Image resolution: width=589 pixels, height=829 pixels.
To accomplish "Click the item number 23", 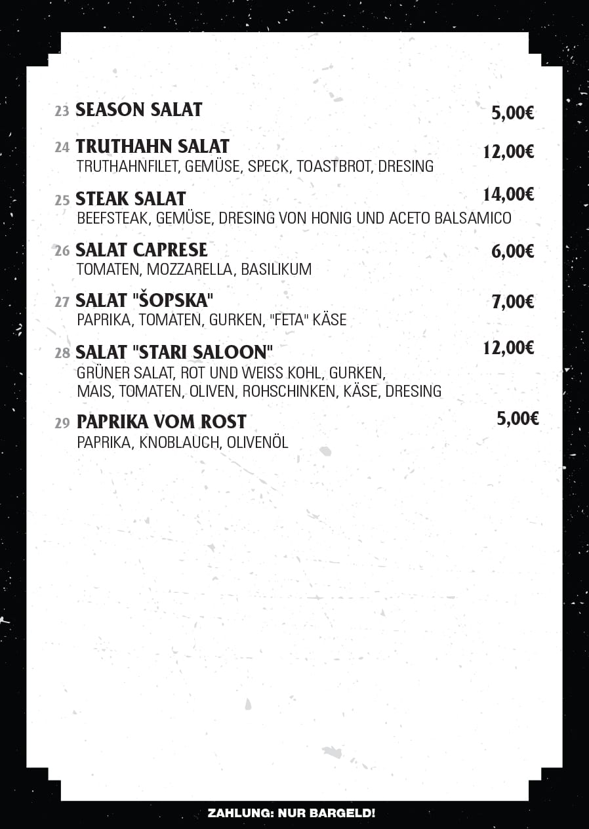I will coord(62,111).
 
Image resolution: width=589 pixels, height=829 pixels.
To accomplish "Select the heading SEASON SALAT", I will coord(139,110).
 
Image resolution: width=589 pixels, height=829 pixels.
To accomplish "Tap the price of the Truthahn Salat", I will coord(508,152).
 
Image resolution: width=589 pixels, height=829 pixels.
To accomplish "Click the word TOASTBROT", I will coord(334,167).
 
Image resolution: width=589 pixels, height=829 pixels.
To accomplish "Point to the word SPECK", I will coord(268,167).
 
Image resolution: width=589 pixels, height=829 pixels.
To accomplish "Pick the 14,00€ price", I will coord(508,194).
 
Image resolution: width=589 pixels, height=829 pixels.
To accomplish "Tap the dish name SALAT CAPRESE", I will coord(142,250).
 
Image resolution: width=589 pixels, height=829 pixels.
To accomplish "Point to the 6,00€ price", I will coord(512,251).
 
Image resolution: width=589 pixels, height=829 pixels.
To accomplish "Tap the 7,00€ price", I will coord(512,302).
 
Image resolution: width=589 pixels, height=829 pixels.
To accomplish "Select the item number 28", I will coord(62,354).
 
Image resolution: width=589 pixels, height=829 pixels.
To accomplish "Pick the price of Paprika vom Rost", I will coord(518,418).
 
